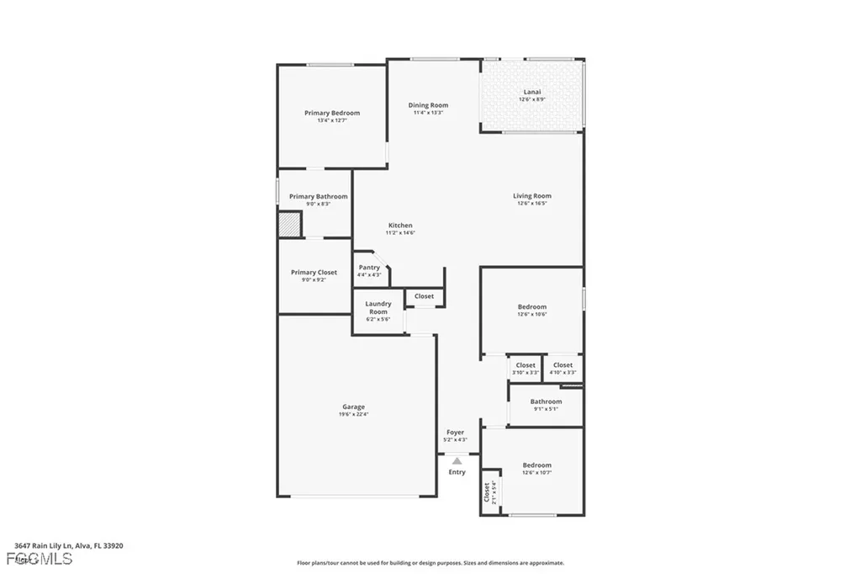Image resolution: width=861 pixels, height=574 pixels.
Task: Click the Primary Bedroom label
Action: [331, 114]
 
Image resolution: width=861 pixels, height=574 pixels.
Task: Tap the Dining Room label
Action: [428, 106]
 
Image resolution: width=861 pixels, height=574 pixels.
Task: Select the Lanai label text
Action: [531, 93]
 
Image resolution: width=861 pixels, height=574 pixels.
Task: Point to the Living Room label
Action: [531, 197]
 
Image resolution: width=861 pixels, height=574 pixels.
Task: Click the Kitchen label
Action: [399, 226]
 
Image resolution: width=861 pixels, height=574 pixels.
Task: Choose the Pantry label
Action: [368, 268]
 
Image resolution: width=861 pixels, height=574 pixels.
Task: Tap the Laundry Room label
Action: [378, 308]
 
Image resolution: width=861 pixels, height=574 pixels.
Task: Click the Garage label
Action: [353, 407]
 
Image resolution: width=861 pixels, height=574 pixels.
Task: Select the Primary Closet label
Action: [314, 273]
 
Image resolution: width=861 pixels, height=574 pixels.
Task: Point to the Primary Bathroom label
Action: [318, 197]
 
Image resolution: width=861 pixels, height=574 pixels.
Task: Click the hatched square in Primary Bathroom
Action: [290, 225]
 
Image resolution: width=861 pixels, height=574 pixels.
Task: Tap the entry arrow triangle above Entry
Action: [457, 460]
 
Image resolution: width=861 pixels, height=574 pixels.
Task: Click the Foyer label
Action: [455, 433]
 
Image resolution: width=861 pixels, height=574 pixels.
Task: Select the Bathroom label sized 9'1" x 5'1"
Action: [546, 402]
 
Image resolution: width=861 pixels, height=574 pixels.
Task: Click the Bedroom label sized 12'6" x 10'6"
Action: [531, 308]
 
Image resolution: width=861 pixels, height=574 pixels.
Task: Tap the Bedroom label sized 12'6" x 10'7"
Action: [536, 466]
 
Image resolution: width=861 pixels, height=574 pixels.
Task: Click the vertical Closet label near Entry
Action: [488, 492]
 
